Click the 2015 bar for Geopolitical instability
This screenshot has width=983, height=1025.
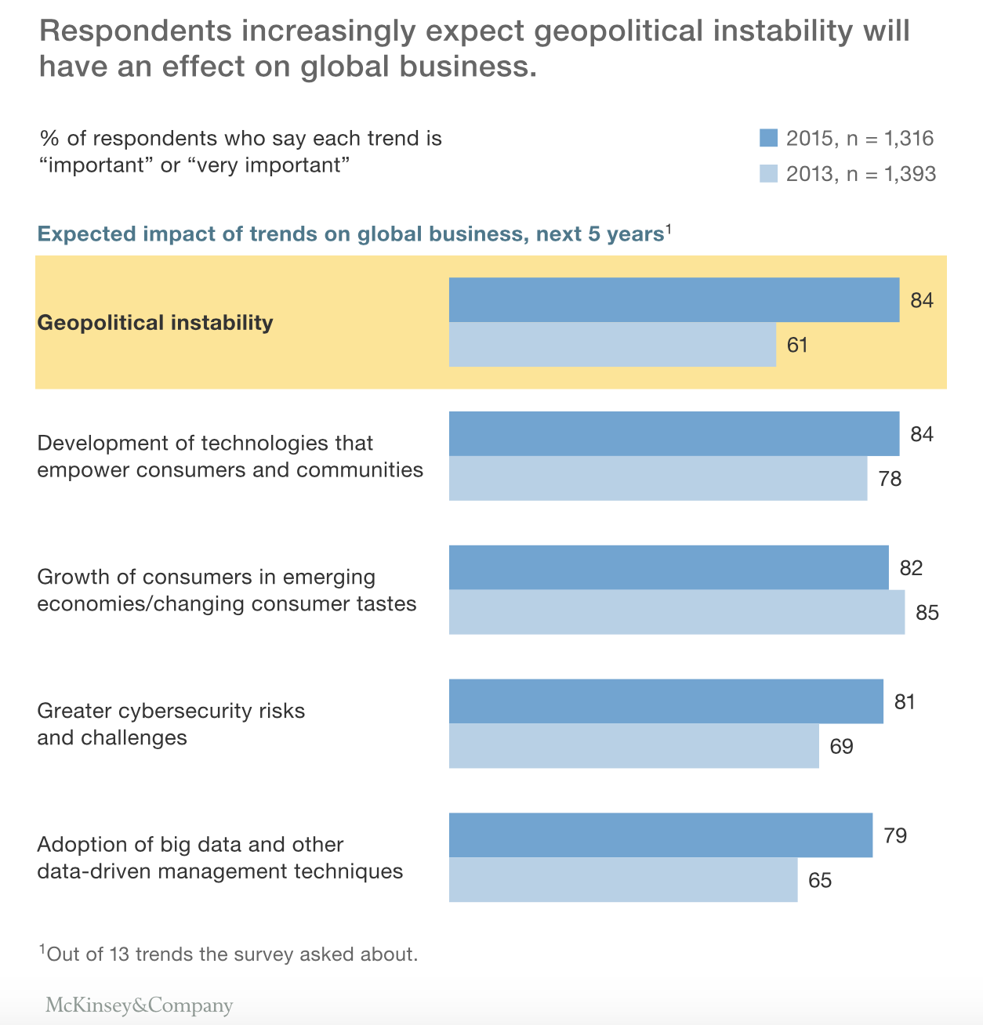pyautogui.click(x=674, y=299)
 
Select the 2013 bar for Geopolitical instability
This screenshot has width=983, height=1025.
pyautogui.click(x=612, y=344)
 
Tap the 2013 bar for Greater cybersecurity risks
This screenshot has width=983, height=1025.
pyautogui.click(x=633, y=745)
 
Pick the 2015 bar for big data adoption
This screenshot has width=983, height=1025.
pyautogui.click(x=660, y=835)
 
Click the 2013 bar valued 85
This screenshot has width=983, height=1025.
pyautogui.click(x=676, y=611)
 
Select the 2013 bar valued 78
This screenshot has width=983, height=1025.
pyautogui.click(x=658, y=478)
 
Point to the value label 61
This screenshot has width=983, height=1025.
pyautogui.click(x=797, y=345)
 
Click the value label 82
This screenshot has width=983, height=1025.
pyautogui.click(x=911, y=567)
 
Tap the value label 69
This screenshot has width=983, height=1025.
pyautogui.click(x=841, y=746)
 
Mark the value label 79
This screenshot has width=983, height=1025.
pyautogui.click(x=894, y=835)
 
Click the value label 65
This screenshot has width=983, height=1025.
pyautogui.click(x=819, y=880)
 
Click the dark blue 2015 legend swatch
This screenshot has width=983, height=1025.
pyautogui.click(x=768, y=139)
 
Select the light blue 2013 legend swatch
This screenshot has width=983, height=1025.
pyautogui.click(x=768, y=173)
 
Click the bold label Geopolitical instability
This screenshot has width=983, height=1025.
pyautogui.click(x=155, y=323)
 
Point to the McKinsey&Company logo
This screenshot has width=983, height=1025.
pyautogui.click(x=139, y=1005)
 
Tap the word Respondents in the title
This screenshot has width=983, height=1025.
pyautogui.click(x=136, y=31)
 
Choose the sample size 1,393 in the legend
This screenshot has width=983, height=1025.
pyautogui.click(x=910, y=173)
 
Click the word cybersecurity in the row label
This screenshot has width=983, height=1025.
pyautogui.click(x=177, y=711)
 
